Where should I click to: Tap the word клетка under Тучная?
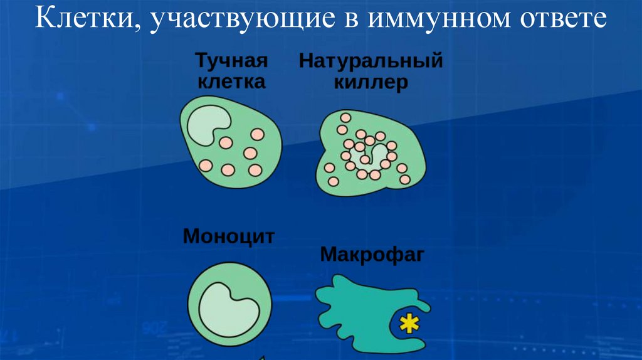coord(232,82)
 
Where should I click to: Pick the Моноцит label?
coord(229,237)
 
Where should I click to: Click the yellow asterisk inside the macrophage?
coord(409,324)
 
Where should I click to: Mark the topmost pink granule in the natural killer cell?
coord(345,117)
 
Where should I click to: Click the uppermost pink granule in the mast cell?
coord(258,134)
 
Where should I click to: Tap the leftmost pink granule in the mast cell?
coord(205,165)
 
